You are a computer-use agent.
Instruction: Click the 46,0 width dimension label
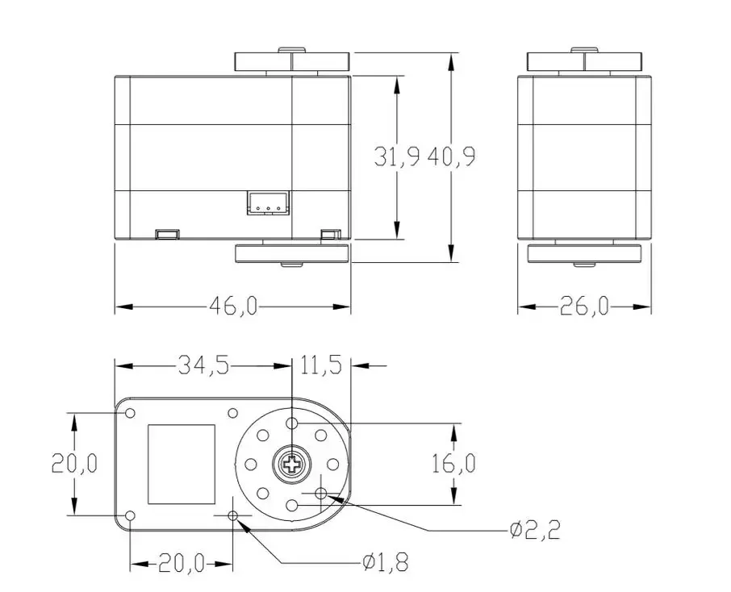(233, 306)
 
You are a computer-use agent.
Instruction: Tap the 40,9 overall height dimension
(452, 156)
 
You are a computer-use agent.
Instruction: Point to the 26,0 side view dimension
(585, 306)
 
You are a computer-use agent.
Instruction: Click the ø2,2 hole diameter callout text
(534, 530)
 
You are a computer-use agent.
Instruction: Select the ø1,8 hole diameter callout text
(385, 561)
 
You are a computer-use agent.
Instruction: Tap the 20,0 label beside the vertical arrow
(74, 464)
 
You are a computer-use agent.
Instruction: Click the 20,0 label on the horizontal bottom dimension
(181, 563)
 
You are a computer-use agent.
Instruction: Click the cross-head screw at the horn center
(291, 464)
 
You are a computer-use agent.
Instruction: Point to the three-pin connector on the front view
(266, 204)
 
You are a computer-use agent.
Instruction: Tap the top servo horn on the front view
(292, 62)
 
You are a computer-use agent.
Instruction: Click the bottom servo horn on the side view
(585, 254)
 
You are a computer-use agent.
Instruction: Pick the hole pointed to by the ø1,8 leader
(234, 515)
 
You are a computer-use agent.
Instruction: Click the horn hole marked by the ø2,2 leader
(321, 493)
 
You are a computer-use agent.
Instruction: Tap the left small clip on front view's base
(166, 235)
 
